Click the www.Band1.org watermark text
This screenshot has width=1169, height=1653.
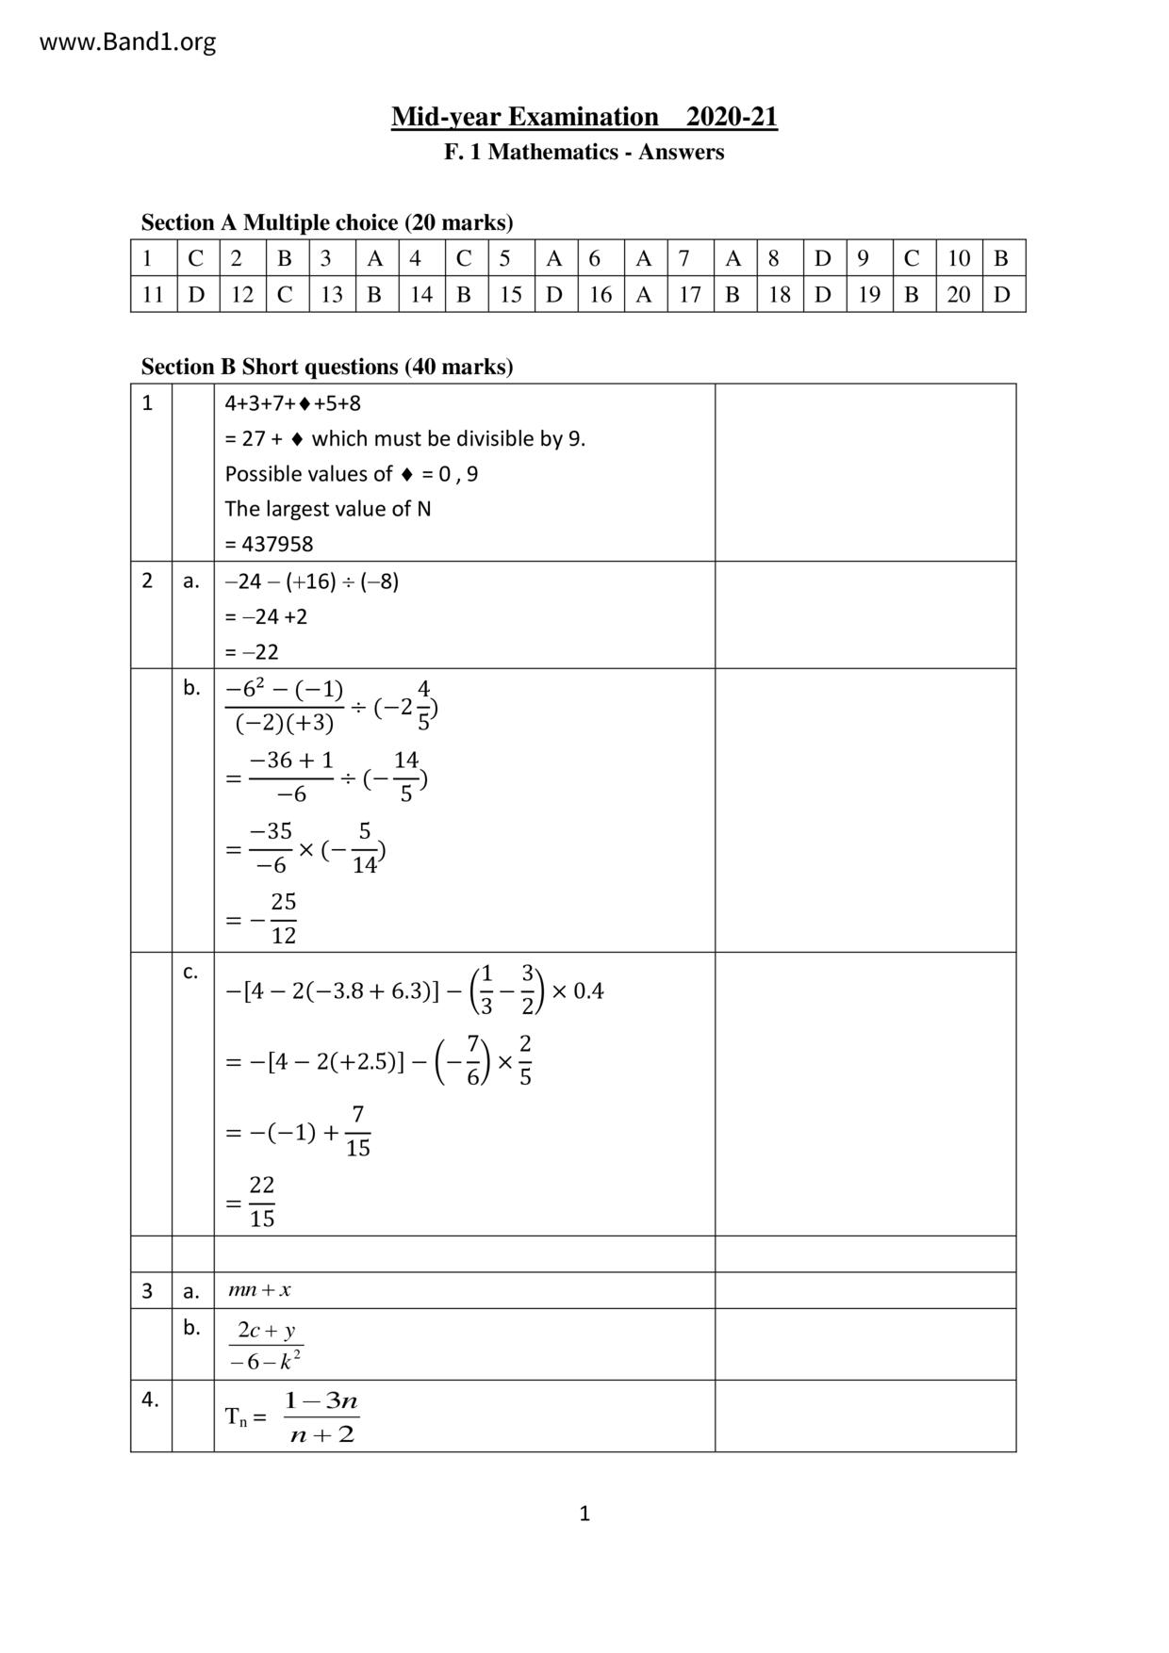pos(127,42)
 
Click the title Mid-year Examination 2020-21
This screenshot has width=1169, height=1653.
pos(584,117)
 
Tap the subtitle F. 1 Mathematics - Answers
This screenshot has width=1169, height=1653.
pos(584,152)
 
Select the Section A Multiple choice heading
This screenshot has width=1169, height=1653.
pos(327,222)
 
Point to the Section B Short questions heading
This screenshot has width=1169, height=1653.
pos(327,367)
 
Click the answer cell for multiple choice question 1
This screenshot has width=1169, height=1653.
pos(196,258)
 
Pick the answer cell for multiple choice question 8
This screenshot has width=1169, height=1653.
pos(823,258)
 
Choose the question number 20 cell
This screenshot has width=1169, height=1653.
pos(959,295)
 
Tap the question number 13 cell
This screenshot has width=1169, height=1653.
pos(331,295)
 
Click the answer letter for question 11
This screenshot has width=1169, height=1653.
pos(196,295)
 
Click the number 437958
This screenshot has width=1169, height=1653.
pos(277,544)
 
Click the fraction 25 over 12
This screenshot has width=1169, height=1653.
pos(283,919)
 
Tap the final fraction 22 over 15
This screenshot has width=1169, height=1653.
pos(261,1202)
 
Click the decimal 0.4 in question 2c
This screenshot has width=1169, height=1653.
pos(587,991)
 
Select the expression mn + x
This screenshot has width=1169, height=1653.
pos(259,1290)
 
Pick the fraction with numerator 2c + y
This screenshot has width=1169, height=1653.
pos(266,1345)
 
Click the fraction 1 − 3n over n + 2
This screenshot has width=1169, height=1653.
pos(321,1417)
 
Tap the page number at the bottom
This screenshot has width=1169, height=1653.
pos(584,1514)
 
